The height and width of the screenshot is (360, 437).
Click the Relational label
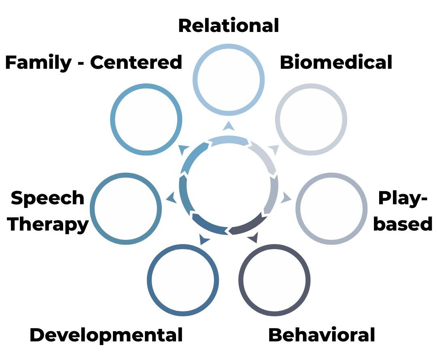click(229, 25)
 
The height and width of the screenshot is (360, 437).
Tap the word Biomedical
click(336, 63)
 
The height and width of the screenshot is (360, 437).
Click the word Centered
click(136, 63)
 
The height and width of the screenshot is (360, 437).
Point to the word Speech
click(47, 198)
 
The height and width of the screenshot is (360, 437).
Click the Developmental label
click(106, 335)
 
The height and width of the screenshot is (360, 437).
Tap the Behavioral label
click(322, 335)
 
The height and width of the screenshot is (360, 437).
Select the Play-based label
click(403, 211)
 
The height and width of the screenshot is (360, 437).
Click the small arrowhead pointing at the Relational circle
click(229, 126)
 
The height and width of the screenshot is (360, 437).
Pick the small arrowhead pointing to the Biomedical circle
click(274, 150)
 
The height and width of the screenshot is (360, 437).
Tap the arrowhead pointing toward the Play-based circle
click(286, 198)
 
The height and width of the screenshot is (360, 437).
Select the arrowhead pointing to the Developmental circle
click(204, 240)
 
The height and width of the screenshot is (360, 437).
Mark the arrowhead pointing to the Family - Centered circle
click(183, 150)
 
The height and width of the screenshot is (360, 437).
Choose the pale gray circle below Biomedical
click(311, 120)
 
